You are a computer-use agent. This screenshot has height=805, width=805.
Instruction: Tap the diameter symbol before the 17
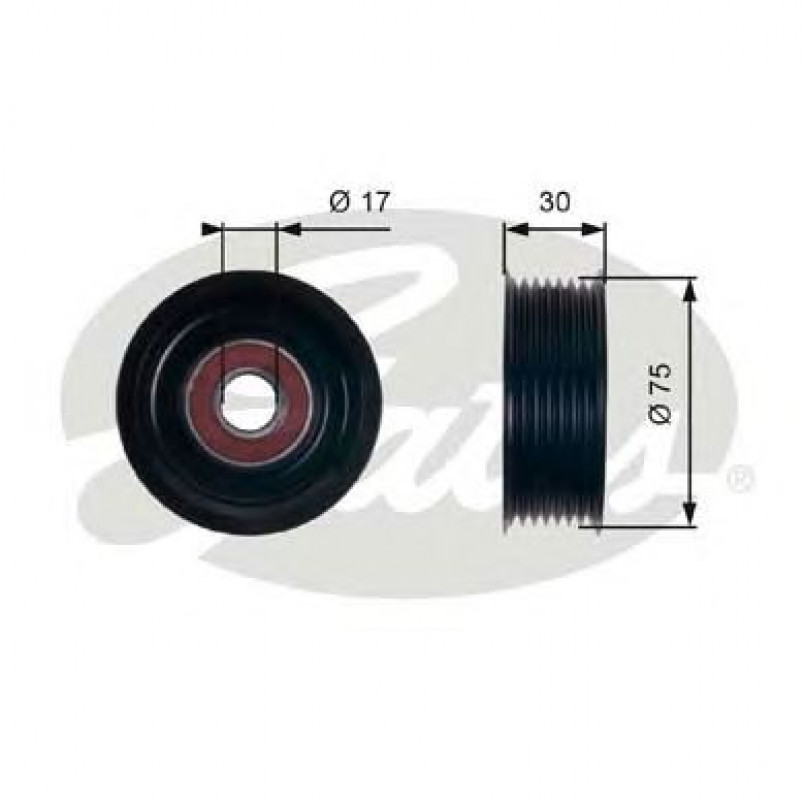click(339, 202)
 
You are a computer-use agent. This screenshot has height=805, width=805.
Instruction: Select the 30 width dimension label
click(554, 202)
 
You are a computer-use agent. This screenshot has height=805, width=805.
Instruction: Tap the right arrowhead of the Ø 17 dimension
click(287, 229)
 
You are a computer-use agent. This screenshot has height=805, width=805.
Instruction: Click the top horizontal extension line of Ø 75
click(650, 277)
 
